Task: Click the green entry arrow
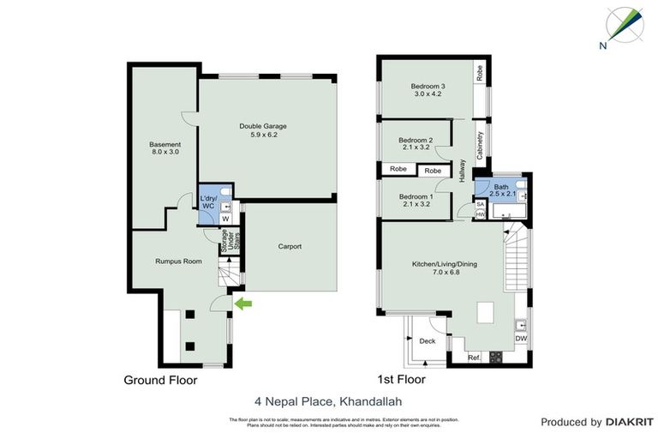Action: [243, 303]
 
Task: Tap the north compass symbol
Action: [625, 26]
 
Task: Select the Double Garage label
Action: [262, 131]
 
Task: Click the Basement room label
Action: [164, 147]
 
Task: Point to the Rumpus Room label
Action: [178, 261]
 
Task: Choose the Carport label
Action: [290, 247]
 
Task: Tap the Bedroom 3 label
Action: [427, 90]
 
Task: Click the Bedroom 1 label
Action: [416, 201]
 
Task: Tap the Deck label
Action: [427, 341]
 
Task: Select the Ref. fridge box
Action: [474, 357]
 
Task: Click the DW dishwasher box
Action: [521, 339]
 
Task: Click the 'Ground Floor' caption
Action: [160, 380]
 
